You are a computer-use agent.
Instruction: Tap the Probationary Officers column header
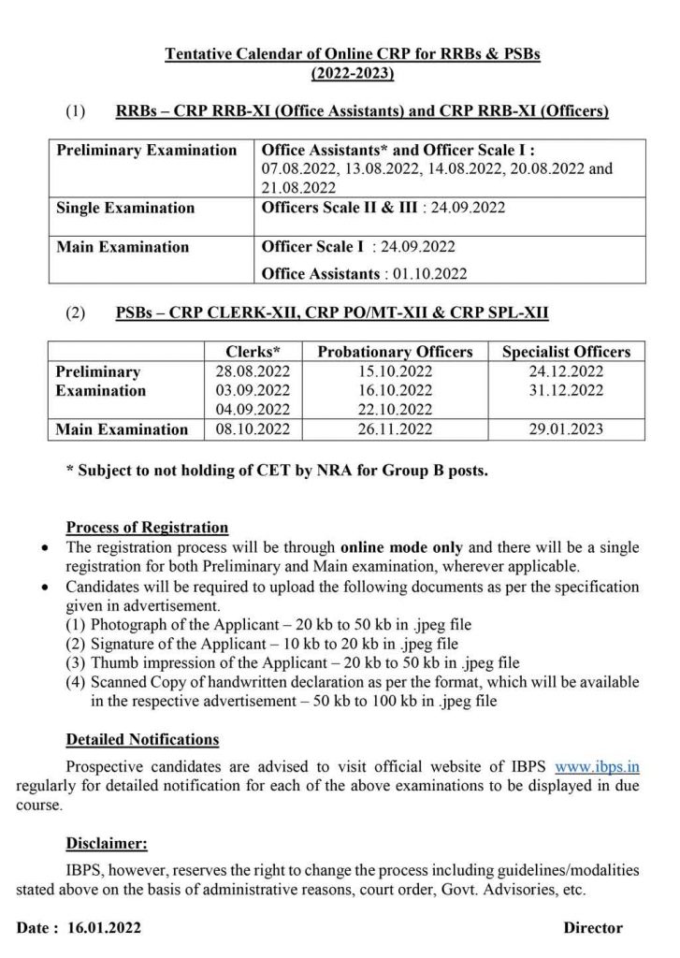(396, 353)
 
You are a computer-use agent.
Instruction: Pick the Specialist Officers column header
(566, 353)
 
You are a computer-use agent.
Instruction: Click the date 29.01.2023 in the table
(566, 429)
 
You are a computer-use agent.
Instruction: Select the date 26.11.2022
(397, 429)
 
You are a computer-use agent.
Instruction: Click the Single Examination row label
(125, 208)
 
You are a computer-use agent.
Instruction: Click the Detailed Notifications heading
(142, 740)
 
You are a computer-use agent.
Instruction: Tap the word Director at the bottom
(592, 928)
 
